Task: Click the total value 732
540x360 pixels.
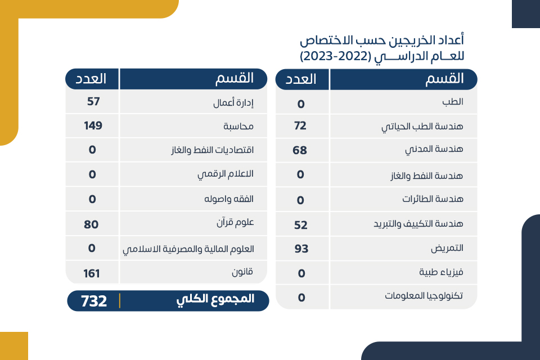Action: point(94,301)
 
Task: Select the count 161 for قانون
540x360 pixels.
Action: point(91,274)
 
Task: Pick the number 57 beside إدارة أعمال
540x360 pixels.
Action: point(93,102)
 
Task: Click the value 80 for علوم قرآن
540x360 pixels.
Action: point(92,224)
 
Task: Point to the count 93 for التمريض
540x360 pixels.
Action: point(301,248)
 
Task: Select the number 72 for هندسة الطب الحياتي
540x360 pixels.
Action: point(300,125)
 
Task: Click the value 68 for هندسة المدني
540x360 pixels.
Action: point(300,150)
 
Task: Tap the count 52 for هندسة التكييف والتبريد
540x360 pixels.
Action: point(301,224)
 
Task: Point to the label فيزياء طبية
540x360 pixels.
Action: point(441,272)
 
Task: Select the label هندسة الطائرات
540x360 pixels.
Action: point(433,199)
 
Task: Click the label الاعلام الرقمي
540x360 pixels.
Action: point(225,174)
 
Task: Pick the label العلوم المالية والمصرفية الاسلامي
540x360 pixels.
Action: point(188,249)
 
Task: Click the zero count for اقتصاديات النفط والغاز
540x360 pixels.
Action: point(92,150)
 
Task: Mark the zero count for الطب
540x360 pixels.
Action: point(301,104)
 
